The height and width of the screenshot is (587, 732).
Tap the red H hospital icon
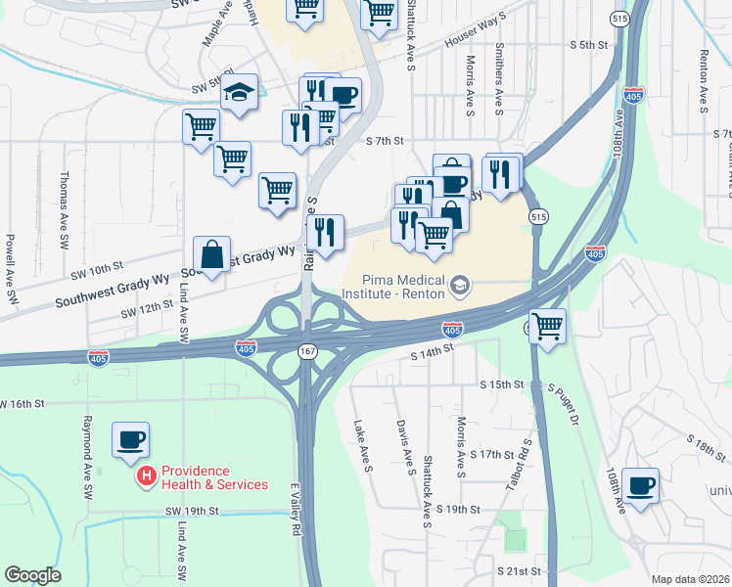(x=146, y=476)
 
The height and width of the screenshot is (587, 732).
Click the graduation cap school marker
(x=237, y=94)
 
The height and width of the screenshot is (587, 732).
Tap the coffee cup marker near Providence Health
(x=131, y=440)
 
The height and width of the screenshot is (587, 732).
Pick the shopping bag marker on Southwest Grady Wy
(x=211, y=256)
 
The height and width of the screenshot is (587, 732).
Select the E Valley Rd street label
(x=295, y=510)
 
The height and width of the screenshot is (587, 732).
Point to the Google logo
(x=32, y=575)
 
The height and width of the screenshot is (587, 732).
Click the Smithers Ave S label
(x=499, y=78)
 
